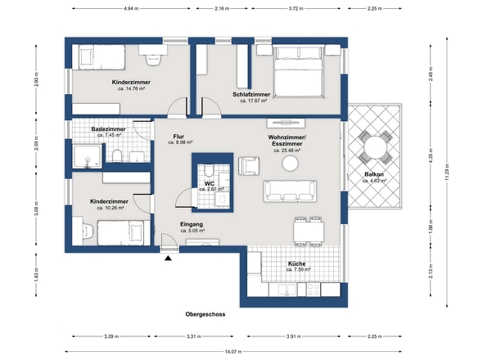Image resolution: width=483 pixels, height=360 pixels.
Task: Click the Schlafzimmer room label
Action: pos(251,95)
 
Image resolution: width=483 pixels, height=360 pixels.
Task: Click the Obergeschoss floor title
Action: pos(205,314)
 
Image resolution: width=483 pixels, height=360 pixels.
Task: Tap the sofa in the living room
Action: pos(289,191)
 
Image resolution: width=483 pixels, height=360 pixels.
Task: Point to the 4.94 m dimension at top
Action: pos(129,8)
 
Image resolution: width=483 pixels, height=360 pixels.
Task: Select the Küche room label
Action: pos(296,263)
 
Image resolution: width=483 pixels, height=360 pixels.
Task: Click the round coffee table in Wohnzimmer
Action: pos(290,164)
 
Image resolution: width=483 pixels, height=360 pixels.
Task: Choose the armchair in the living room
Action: pos(248,165)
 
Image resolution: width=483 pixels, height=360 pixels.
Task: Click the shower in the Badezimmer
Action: pos(85,157)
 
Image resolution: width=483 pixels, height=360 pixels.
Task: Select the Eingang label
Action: pos(191,224)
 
